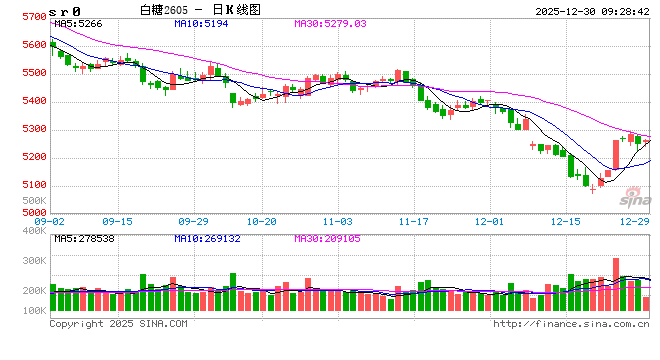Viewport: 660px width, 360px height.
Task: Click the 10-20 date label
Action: pyautogui.click(x=261, y=220)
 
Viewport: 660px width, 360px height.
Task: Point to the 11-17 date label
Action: pyautogui.click(x=414, y=220)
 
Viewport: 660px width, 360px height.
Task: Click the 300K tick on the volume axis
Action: pyautogui.click(x=33, y=260)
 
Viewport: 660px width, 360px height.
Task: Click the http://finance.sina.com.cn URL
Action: pyautogui.click(x=570, y=324)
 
